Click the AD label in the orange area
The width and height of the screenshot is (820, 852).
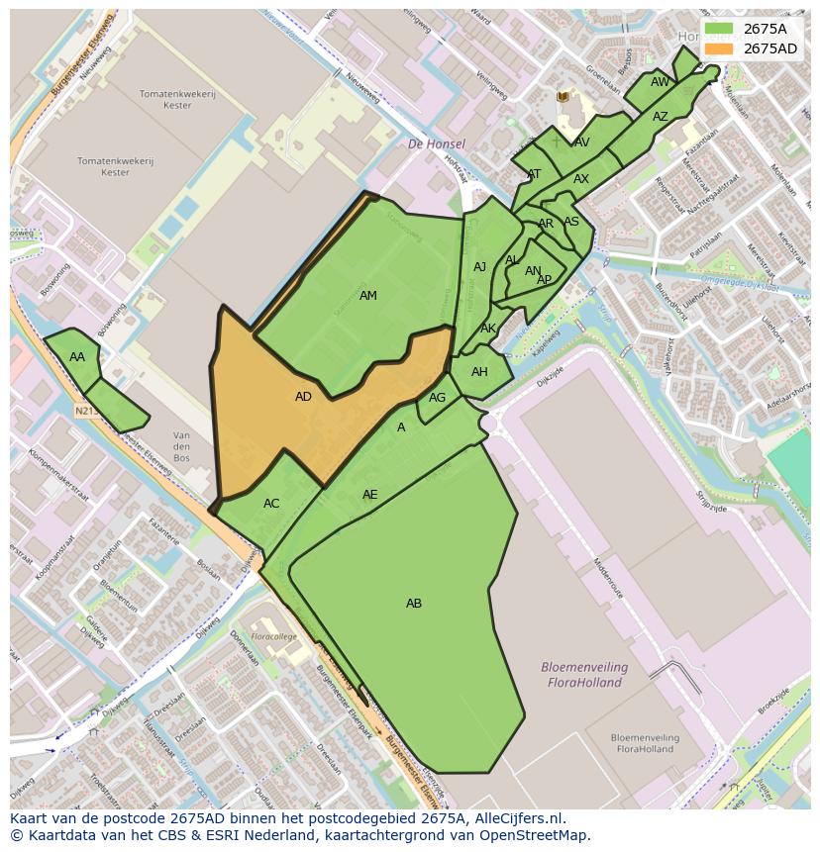tap(303, 397)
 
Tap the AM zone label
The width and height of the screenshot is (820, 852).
tap(367, 296)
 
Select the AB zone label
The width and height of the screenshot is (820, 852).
tap(414, 604)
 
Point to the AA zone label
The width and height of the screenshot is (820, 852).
tap(77, 357)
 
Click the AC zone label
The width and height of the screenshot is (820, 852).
tap(271, 504)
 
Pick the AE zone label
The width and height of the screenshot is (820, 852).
tap(369, 495)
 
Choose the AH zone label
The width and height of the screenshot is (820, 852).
tap(479, 372)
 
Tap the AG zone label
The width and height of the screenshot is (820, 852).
tap(437, 398)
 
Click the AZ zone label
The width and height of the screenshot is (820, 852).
tap(661, 117)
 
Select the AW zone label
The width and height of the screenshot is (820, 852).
tap(660, 82)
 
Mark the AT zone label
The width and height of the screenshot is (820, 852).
tap(534, 174)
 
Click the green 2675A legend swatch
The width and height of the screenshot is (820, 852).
tap(719, 29)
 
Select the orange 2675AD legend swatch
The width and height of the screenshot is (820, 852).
tap(719, 48)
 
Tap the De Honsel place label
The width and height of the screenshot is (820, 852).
tap(436, 144)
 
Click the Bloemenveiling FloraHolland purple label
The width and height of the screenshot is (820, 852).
tap(582, 674)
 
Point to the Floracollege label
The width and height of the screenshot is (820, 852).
tap(273, 636)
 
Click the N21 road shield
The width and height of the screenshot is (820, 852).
tap(84, 410)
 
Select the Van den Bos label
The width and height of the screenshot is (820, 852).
tap(181, 447)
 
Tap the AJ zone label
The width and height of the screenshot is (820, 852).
tap(479, 267)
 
